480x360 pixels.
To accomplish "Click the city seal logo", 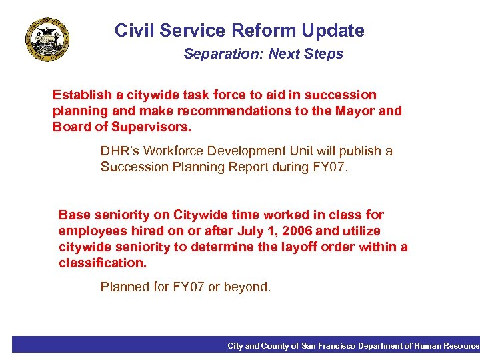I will click(47, 39).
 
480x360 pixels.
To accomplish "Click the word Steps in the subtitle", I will click(324, 54).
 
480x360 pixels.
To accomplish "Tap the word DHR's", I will click(119, 151).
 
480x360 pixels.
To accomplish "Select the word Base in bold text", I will click(73, 215).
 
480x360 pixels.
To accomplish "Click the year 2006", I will click(297, 231).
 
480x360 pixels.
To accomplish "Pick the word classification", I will click(103, 263).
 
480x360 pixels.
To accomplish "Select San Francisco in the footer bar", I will click(328, 345).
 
